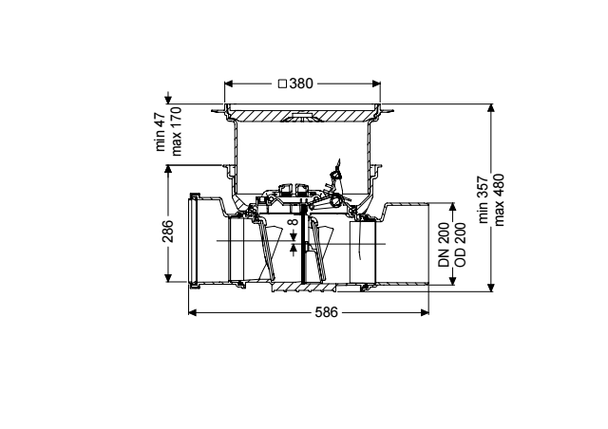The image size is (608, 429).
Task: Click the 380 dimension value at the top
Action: point(301,84)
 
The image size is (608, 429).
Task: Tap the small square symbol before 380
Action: point(283,84)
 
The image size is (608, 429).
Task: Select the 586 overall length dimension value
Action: point(327,312)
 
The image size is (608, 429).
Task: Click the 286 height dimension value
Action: point(168,231)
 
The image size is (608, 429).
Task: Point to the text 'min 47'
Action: point(161,132)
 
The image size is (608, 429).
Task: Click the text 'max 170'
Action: point(176,131)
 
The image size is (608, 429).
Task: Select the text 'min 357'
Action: point(484,199)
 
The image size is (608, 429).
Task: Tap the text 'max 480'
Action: point(499,199)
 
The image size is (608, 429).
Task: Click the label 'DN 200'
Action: point(444,245)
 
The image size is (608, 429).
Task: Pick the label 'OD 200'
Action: point(460,245)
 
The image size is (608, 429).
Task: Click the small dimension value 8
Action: point(294,222)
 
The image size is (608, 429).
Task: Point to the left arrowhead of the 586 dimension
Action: point(192,312)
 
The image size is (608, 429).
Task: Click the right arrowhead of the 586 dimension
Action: point(425,312)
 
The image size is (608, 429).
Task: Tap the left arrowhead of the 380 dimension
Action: point(229,84)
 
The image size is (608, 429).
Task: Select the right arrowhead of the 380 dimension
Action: point(376,84)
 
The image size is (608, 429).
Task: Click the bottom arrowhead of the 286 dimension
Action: point(168,278)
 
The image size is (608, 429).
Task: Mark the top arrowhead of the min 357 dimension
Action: point(491,108)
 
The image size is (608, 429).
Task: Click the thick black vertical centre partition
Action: point(302,242)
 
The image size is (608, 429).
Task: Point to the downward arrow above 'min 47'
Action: point(168,98)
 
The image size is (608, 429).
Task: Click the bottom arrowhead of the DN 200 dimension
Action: point(452,281)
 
